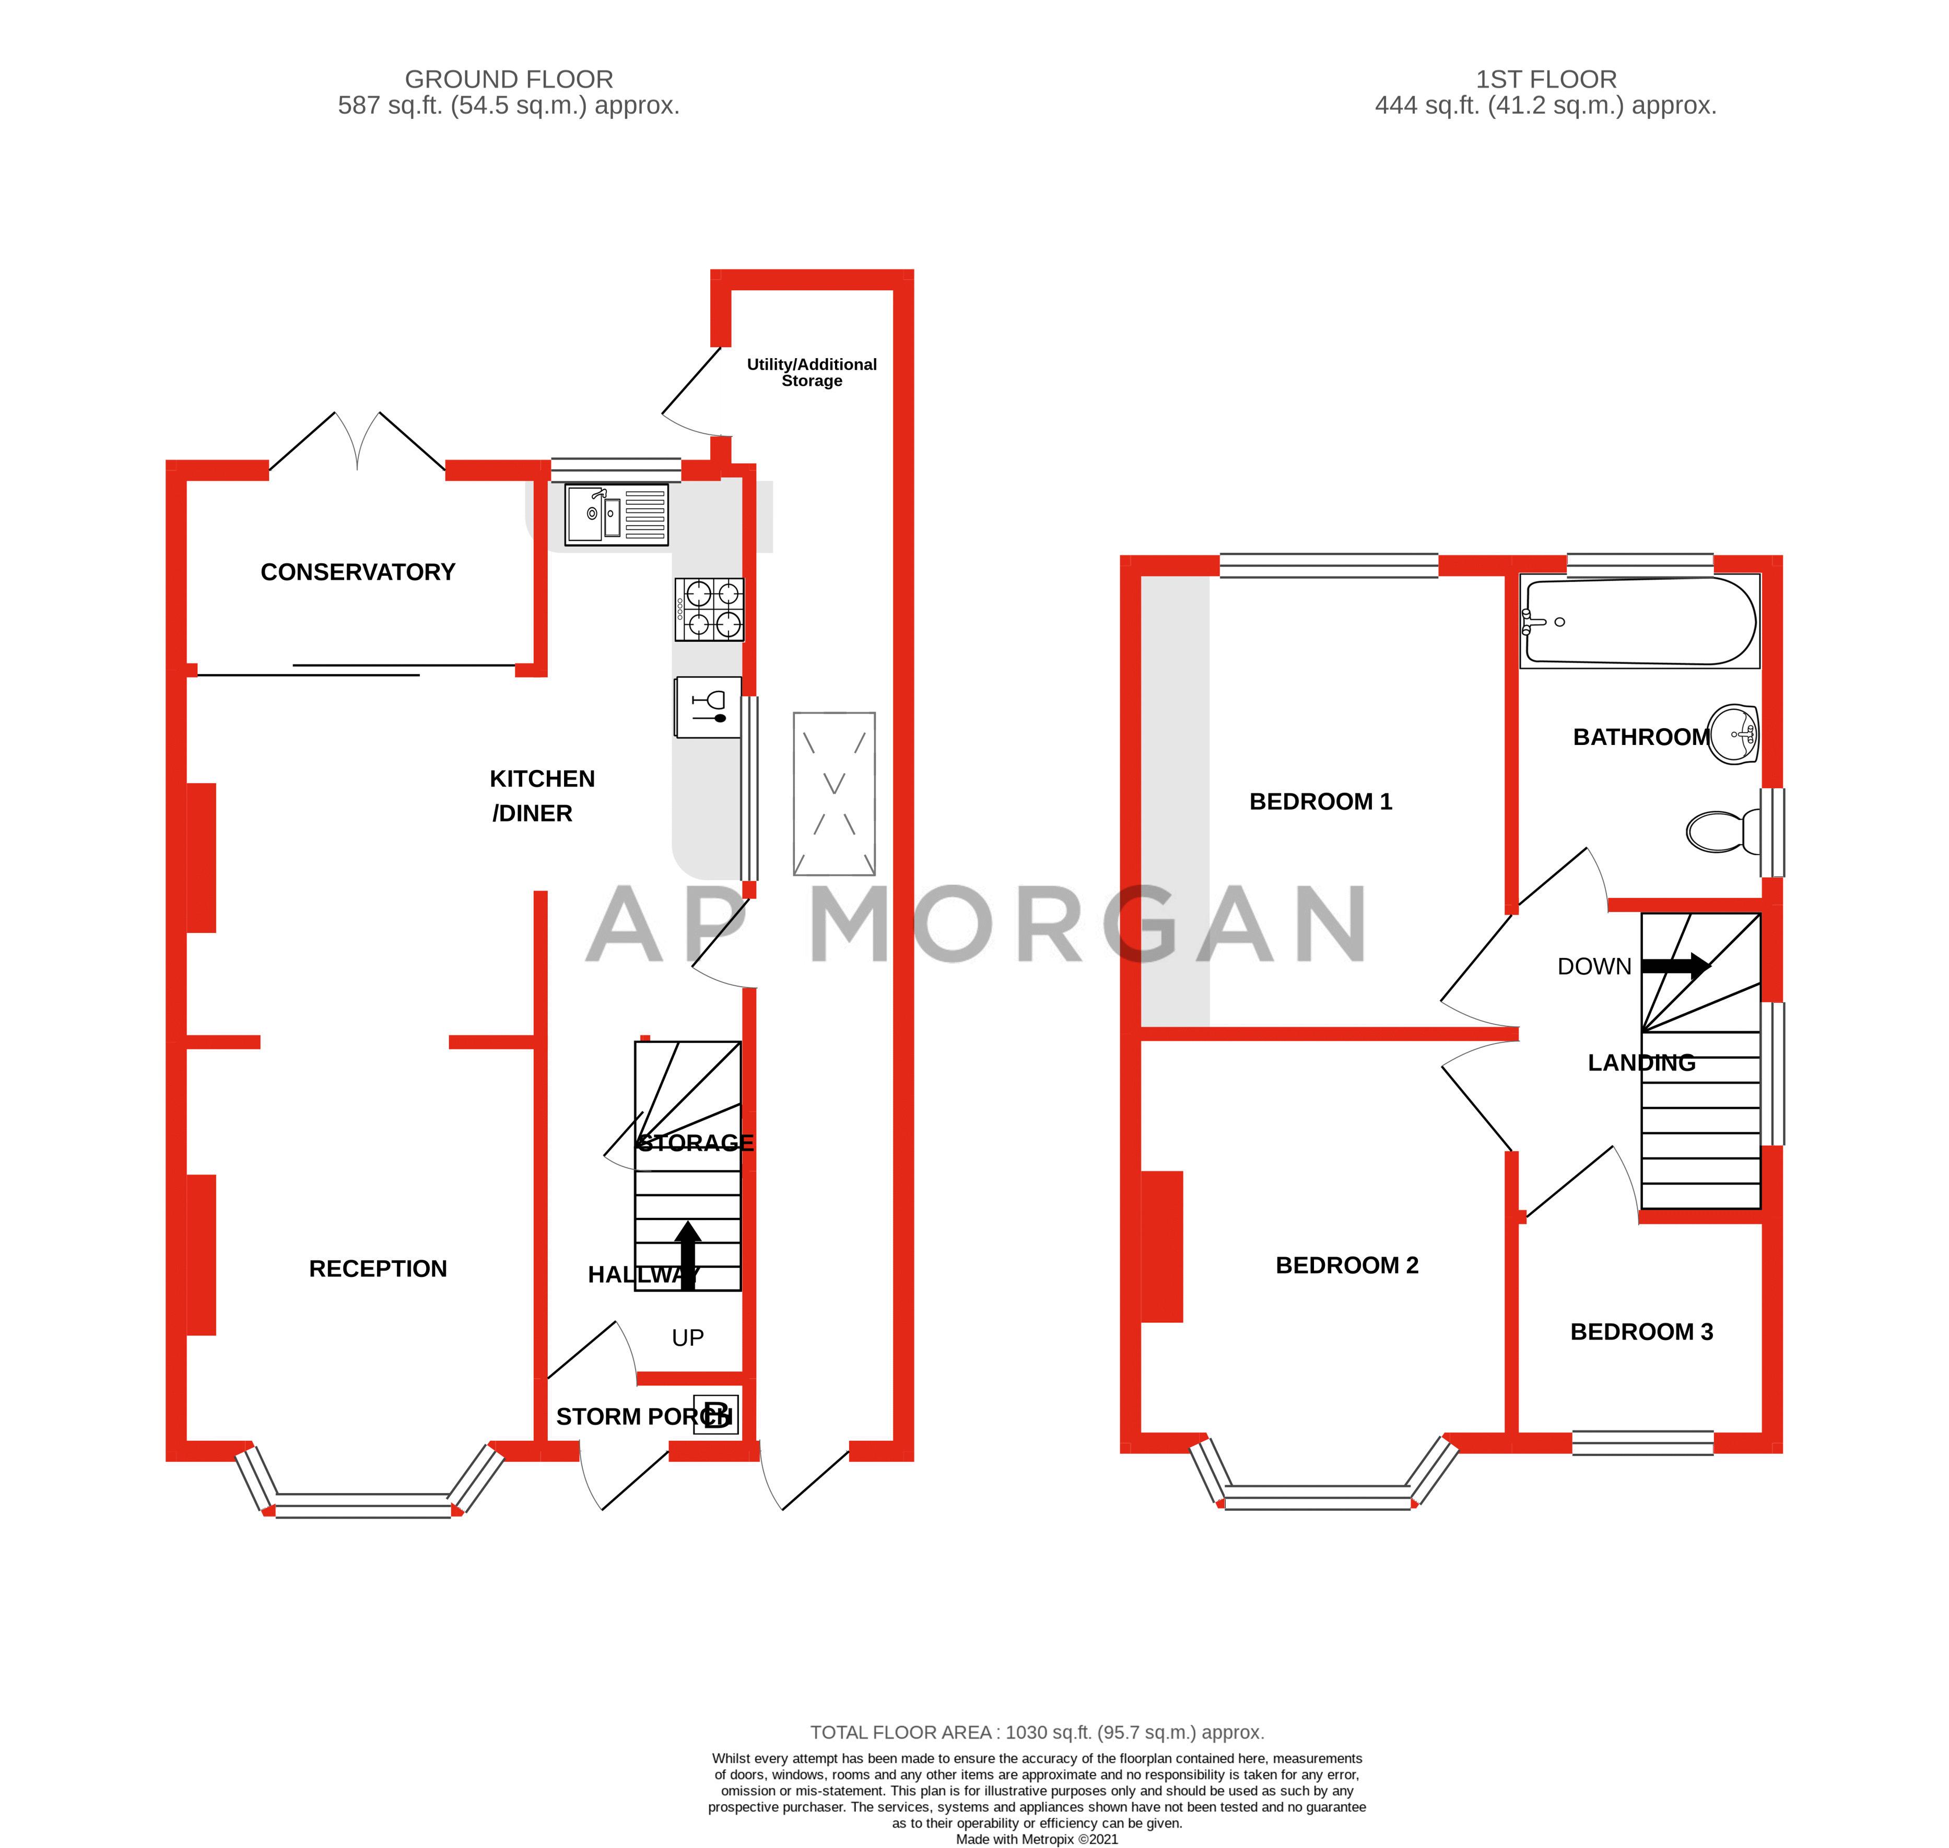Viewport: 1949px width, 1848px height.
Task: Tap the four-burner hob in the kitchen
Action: point(709,609)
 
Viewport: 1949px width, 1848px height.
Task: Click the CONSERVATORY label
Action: point(358,572)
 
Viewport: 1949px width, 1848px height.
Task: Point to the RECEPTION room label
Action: point(378,1269)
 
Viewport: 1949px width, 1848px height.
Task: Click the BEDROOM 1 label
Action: point(1320,802)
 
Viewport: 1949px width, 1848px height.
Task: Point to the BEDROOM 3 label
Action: point(1640,1332)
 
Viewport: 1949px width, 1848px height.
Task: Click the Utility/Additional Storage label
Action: point(811,372)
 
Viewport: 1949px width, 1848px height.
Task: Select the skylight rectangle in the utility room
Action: point(833,794)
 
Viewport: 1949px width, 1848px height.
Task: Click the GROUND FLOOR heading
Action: point(509,79)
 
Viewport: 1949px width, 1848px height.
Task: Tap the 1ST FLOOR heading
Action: point(1545,79)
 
